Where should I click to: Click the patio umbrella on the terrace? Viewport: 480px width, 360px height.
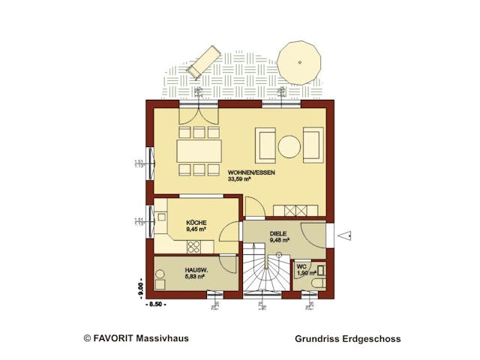point(301,61)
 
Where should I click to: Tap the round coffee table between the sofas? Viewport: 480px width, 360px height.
point(289,146)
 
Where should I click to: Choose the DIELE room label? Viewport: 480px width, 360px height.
point(279,233)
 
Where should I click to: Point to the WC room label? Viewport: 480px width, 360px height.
point(301,266)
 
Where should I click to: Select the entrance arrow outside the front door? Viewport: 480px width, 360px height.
point(346,236)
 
